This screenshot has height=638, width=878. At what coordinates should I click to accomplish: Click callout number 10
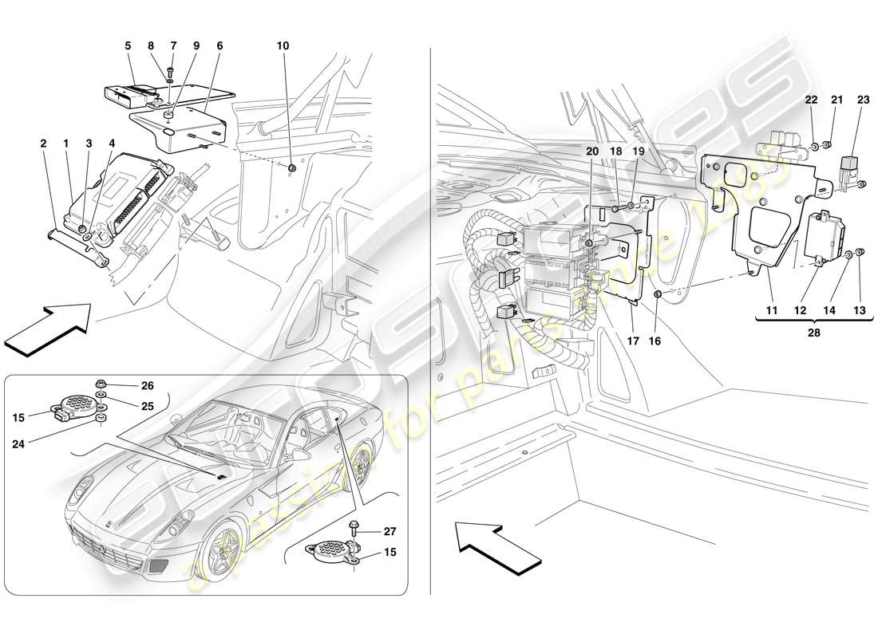[283, 46]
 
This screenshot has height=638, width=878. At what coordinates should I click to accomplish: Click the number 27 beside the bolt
[389, 530]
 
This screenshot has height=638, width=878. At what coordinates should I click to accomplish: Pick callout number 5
[127, 46]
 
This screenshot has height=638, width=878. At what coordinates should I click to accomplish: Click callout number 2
[42, 144]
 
